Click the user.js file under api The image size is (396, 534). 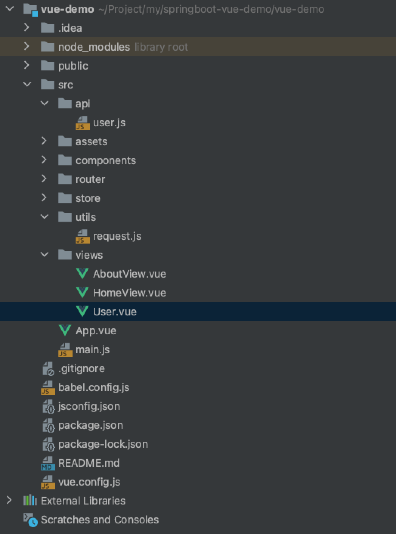[x=109, y=123]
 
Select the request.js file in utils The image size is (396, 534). [x=117, y=236]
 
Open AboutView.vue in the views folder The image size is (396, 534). [x=129, y=274]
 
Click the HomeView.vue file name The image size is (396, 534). [x=129, y=293]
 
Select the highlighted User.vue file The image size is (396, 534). [x=114, y=312]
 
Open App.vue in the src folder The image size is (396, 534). [x=96, y=331]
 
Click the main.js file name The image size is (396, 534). [x=93, y=349]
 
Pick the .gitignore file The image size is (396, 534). [x=81, y=368]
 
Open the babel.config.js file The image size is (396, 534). [x=93, y=387]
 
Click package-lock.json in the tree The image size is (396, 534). [x=103, y=444]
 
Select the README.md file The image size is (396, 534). [x=89, y=463]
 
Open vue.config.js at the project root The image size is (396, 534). [x=89, y=482]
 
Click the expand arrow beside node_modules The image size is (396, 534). [x=26, y=47]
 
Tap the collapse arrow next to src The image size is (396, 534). [x=27, y=84]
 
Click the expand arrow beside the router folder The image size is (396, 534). [x=44, y=179]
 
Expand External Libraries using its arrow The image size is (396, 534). [x=9, y=500]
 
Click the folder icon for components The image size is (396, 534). [x=65, y=160]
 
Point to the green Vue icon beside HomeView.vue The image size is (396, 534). [x=82, y=292]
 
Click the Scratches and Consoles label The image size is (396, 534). [x=100, y=520]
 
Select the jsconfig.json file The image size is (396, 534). [x=89, y=406]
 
